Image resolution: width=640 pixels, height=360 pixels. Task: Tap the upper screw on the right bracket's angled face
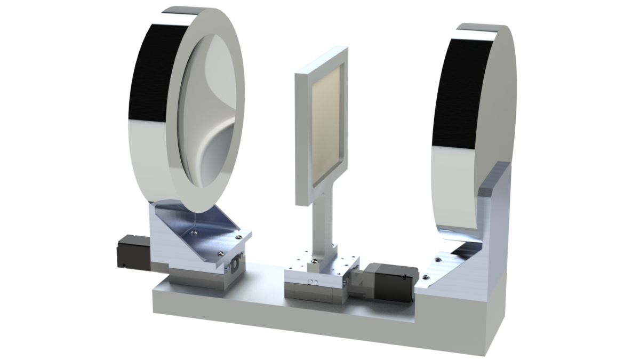pyautogui.click(x=438, y=260)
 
